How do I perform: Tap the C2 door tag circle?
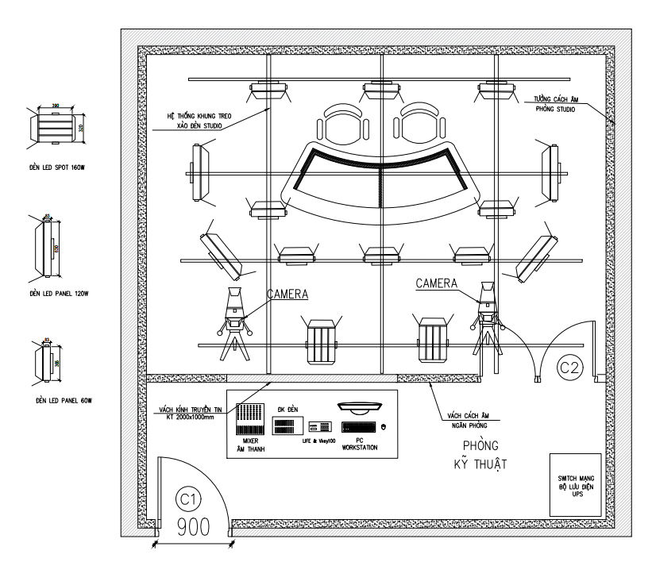click(x=569, y=367)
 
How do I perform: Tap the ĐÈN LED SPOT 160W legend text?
click(x=55, y=167)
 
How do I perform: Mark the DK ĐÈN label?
click(x=287, y=408)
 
